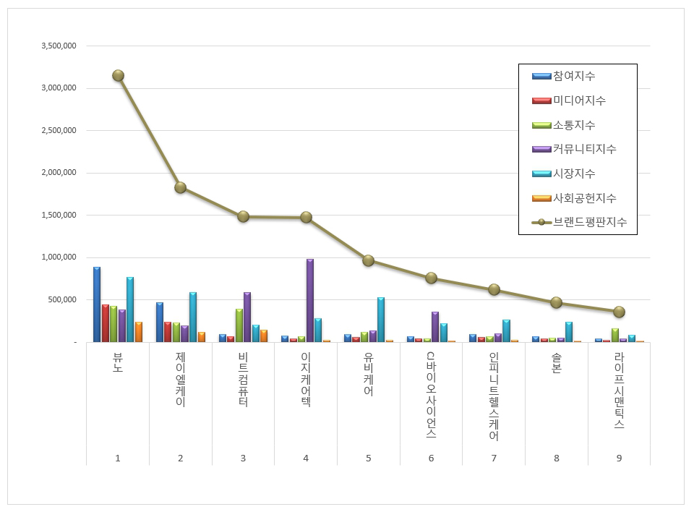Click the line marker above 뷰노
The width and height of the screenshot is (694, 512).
[118, 75]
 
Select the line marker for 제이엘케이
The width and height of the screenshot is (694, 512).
[180, 187]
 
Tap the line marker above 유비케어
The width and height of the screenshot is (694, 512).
[368, 260]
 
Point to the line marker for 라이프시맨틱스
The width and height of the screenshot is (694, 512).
[619, 312]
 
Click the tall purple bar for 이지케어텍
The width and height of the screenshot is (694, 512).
[310, 300]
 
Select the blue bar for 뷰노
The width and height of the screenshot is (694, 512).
[97, 304]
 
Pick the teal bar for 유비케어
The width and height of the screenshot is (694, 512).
[381, 320]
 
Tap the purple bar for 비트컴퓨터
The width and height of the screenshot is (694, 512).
[247, 317]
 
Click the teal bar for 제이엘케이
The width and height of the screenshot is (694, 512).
[193, 317]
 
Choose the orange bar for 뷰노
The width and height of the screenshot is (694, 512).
[139, 332]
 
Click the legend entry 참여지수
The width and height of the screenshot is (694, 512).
[573, 76]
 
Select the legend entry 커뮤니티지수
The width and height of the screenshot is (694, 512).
[583, 149]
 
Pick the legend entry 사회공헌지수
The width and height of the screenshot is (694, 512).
[583, 198]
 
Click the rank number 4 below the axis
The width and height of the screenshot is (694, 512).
[306, 458]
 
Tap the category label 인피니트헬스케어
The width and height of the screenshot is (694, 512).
[494, 396]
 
